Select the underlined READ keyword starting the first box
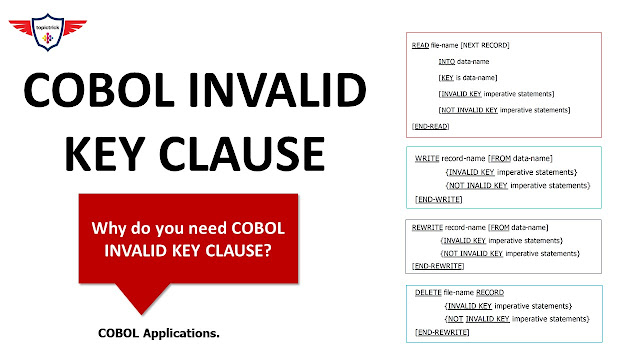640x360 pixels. click(x=421, y=45)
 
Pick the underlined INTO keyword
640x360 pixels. click(x=447, y=61)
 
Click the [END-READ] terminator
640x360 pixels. click(x=431, y=126)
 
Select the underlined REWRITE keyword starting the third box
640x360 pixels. click(x=428, y=228)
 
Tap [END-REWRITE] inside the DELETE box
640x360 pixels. click(x=443, y=332)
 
